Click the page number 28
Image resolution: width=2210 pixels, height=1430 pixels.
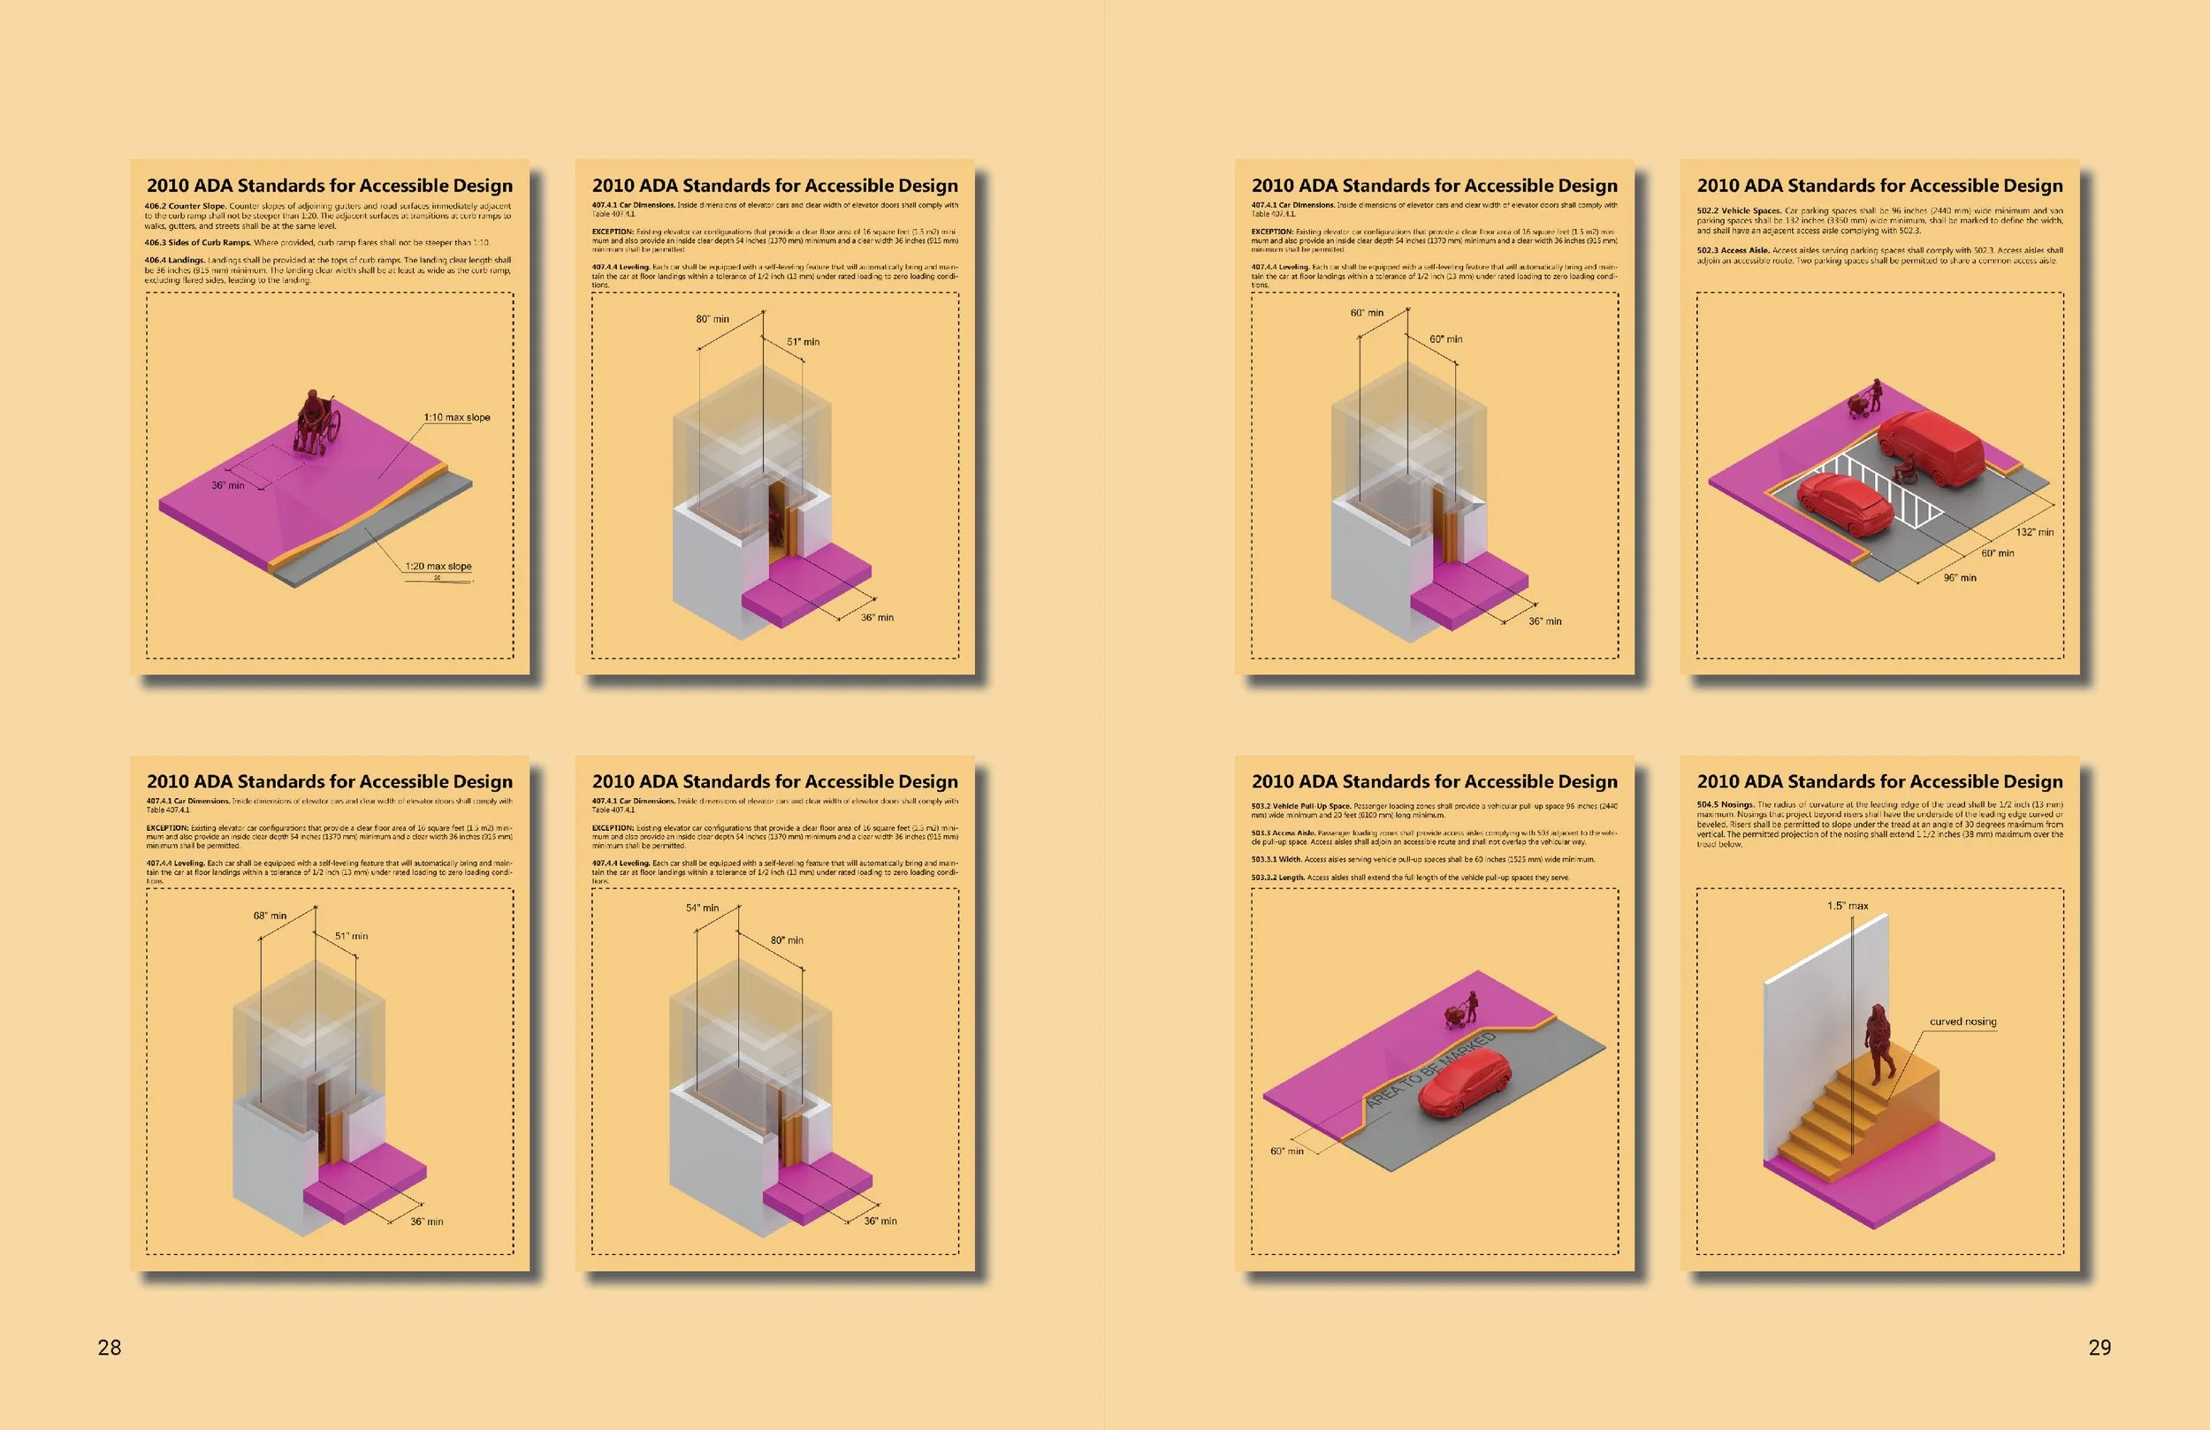coord(110,1347)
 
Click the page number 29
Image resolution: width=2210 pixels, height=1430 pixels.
coord(2099,1347)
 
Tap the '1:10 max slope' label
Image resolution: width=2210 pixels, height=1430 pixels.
coord(457,418)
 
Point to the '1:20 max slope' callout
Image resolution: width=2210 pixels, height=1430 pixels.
coord(438,567)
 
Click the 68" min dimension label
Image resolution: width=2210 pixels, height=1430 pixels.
coord(271,916)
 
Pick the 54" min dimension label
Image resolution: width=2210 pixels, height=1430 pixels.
coord(702,909)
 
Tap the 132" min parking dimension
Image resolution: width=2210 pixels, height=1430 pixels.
coord(2034,532)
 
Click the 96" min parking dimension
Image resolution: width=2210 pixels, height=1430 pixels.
coord(1960,578)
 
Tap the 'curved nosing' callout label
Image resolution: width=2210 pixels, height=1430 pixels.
coord(1963,1022)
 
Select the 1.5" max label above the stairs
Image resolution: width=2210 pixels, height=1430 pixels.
coord(1848,906)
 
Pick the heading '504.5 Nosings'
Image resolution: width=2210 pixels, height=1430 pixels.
coord(1726,805)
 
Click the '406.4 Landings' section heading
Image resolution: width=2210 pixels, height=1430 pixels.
coord(173,261)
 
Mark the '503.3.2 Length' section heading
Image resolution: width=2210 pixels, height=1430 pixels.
coord(1277,878)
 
